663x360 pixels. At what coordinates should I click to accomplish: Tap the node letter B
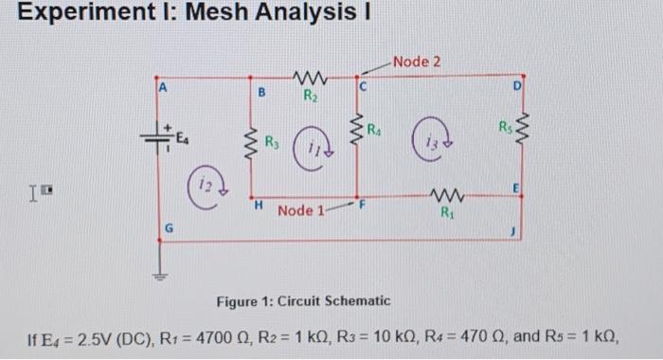pyautogui.click(x=260, y=93)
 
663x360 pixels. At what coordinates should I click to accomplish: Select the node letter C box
pyautogui.click(x=361, y=86)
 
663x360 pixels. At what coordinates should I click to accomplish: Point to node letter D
pyautogui.click(x=515, y=87)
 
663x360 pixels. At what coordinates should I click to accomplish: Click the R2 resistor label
pyautogui.click(x=310, y=95)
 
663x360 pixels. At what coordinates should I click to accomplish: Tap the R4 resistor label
pyautogui.click(x=374, y=129)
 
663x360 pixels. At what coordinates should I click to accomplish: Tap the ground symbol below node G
pyautogui.click(x=158, y=276)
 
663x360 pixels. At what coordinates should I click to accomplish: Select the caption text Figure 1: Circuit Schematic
pyautogui.click(x=303, y=300)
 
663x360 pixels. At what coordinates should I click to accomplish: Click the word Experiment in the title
pyautogui.click(x=72, y=15)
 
